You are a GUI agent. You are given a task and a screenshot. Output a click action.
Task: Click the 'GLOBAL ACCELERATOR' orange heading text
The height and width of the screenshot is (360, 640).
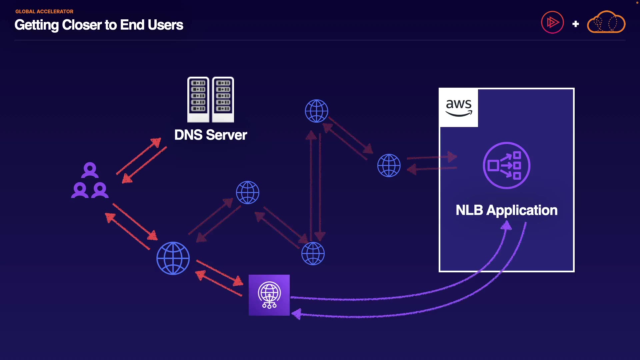pos(44,11)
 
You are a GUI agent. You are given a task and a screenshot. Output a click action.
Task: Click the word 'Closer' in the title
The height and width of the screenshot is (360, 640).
pos(82,25)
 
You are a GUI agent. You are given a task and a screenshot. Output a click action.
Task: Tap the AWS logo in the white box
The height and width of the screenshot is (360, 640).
pos(459,108)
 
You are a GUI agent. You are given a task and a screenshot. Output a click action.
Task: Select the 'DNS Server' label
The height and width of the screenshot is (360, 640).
pos(210,135)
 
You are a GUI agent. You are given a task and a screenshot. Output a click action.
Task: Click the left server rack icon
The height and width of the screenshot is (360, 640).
pos(198,99)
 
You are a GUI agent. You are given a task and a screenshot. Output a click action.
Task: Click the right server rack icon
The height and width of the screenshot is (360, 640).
pos(223,99)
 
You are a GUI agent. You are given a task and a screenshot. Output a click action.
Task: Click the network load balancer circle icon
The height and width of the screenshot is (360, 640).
pos(506,165)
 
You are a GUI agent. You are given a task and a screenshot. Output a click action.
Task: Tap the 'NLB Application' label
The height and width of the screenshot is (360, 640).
pos(506,210)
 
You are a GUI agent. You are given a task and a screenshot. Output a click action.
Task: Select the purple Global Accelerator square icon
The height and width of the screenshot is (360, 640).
pos(269,295)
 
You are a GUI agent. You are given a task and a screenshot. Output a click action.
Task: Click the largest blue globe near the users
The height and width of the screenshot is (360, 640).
pos(173,258)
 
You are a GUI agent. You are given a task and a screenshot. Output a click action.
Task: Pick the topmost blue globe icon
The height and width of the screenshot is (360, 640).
pos(316,111)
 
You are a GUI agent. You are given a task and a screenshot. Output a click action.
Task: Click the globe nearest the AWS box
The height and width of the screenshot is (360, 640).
pos(389,165)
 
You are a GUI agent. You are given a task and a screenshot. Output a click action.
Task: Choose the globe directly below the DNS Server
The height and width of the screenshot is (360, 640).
pos(247,192)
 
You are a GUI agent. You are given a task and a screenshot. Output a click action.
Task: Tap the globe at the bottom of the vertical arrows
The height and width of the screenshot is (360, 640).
pos(313,254)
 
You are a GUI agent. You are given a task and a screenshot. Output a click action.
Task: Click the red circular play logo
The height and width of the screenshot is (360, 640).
pos(552,22)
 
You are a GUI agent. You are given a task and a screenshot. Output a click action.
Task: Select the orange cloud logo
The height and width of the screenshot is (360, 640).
pos(606,22)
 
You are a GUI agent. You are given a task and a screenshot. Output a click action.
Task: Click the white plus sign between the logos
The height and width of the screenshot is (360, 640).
pos(575,24)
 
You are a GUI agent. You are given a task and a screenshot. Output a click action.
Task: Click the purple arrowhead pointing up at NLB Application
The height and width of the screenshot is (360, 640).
pos(506,226)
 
